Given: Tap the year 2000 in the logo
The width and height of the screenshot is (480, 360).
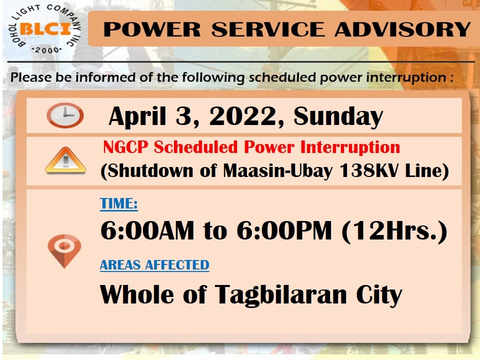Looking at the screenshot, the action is (47, 50).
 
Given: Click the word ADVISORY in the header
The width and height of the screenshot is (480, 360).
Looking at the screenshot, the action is (402, 29).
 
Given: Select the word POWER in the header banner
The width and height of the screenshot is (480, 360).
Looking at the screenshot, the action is (152, 29).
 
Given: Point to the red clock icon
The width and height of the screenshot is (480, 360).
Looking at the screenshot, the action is (65, 115).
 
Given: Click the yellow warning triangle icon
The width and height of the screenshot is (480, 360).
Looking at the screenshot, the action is (65, 160).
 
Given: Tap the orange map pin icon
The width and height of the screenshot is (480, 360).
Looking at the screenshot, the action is (64, 250).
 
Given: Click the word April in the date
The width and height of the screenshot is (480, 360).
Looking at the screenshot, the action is (137, 116).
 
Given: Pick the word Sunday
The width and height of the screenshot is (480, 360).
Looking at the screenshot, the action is (338, 116).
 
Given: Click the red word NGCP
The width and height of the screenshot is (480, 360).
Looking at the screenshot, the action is (125, 147).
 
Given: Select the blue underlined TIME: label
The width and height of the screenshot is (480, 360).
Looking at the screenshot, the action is (119, 203).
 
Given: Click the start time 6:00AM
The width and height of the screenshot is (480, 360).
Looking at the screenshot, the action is (147, 230).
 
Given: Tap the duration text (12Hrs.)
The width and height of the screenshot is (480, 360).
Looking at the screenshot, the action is (394, 231).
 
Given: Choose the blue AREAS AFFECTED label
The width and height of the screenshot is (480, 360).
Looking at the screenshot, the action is (154, 265).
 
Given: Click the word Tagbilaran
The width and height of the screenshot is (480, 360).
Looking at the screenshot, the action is (280, 294).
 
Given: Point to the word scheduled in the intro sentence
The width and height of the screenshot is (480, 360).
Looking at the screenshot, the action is (282, 77).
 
